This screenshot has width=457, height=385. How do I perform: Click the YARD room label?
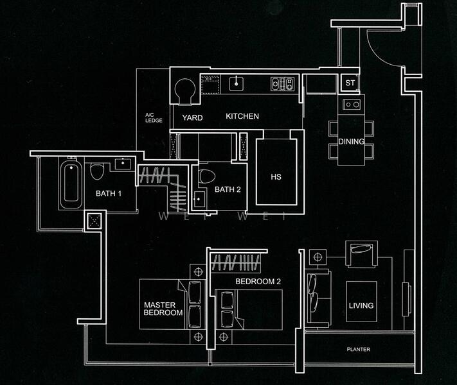coord(192,117)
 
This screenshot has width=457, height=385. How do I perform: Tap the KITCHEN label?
coord(242,116)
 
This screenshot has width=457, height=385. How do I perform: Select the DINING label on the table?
coord(351,142)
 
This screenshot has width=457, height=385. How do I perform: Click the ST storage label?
coord(350,83)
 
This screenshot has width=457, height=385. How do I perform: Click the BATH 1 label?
coord(109,193)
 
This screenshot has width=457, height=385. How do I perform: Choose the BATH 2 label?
coord(228,189)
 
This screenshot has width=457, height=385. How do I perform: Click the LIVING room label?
coord(361,305)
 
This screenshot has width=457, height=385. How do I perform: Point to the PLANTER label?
coord(358,349)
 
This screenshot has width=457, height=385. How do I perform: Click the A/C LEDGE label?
coord(154,117)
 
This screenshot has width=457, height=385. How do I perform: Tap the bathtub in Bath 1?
coord(69,185)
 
